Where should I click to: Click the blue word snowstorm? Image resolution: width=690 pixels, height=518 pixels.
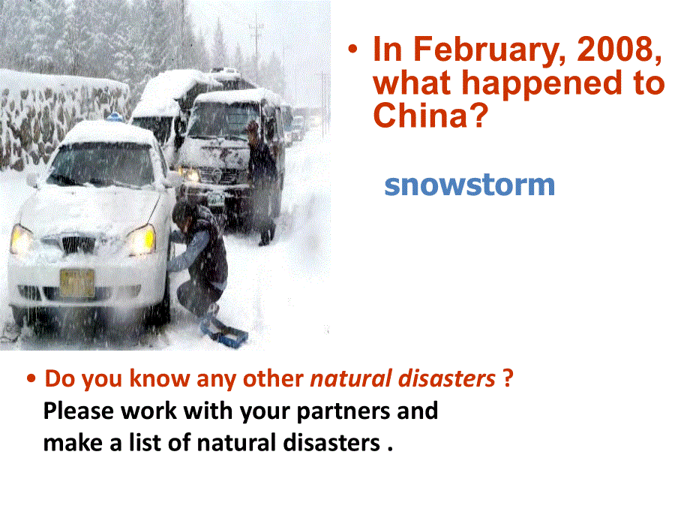(469, 185)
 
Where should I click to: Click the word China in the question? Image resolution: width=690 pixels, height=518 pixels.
(424, 115)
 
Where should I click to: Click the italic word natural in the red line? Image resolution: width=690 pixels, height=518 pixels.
(351, 379)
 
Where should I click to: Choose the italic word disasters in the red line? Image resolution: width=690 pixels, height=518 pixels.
(447, 379)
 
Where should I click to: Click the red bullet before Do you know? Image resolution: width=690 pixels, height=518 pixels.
(31, 378)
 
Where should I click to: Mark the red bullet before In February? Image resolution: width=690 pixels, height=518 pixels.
(352, 49)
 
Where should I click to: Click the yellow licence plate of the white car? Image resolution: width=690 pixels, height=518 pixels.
(77, 283)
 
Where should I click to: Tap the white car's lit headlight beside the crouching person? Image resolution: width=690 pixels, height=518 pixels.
(141, 239)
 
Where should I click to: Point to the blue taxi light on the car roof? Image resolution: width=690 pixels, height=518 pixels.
(115, 116)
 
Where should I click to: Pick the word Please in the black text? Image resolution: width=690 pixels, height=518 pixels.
(79, 411)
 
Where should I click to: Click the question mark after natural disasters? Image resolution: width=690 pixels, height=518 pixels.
(508, 378)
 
